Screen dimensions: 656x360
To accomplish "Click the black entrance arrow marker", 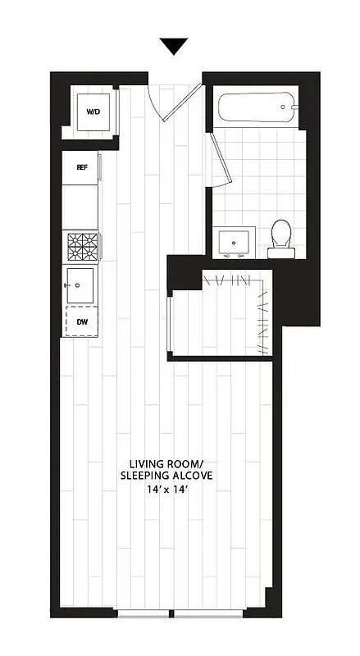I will coord(173,47).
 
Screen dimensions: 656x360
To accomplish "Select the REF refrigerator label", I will coord(81,167).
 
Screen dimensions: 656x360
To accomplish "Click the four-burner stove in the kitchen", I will coord(82,246).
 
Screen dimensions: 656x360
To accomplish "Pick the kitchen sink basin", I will coord(80,285).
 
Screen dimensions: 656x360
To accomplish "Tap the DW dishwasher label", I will coord(82,322).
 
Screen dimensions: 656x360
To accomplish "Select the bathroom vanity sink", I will coord(236,242).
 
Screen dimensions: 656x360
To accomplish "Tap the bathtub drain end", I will coord(284,106).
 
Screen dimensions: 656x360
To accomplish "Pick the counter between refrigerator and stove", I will coord(81,205).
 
